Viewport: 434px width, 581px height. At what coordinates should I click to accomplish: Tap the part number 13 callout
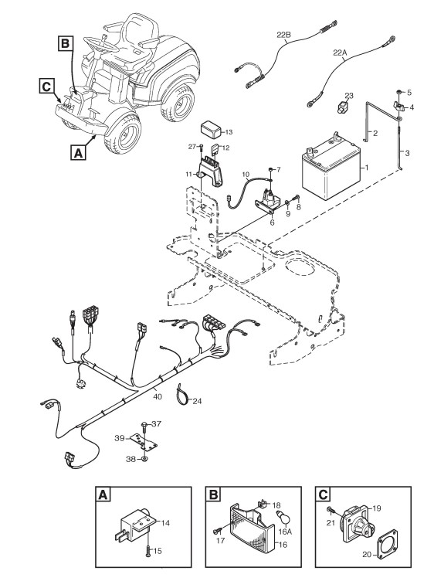click(229, 132)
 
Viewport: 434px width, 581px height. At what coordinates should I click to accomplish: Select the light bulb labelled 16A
click(283, 517)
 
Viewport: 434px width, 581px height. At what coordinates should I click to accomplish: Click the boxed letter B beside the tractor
click(65, 44)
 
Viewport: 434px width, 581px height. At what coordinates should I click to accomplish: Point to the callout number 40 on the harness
click(158, 396)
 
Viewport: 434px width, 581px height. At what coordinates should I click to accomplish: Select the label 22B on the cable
click(283, 35)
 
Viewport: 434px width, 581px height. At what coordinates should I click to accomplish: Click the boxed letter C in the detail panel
click(324, 494)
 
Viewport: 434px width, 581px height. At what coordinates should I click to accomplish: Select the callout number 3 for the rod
click(407, 153)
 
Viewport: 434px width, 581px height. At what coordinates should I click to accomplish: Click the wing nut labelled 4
click(398, 107)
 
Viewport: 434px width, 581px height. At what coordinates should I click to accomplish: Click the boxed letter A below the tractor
click(78, 152)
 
